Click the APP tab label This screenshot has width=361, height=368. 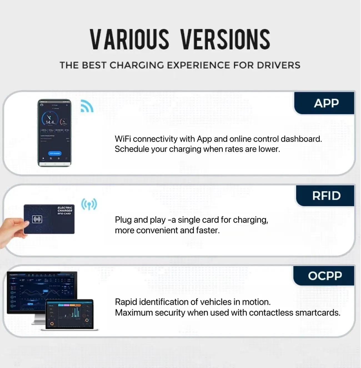[326, 103]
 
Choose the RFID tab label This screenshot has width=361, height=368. [326, 196]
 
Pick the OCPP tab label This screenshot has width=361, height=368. [325, 276]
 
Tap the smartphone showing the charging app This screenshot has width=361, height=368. [54, 133]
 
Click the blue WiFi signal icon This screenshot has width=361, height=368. [87, 106]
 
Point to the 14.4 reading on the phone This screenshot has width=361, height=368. [50, 122]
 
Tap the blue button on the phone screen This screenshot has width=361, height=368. [55, 153]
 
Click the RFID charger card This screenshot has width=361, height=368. [49, 219]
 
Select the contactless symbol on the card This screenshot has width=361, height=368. [37, 219]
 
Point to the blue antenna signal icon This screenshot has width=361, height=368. [89, 204]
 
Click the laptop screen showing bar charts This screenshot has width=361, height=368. [69, 313]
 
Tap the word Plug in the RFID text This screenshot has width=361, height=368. [123, 220]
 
